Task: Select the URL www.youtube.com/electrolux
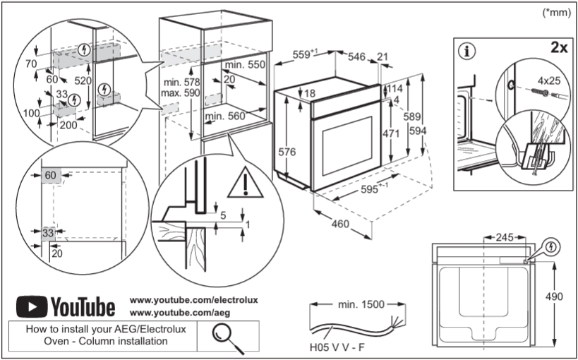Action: [x=194, y=300]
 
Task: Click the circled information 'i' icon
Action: [x=469, y=51]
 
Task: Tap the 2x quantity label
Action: [x=559, y=48]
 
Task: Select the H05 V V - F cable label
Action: [x=337, y=347]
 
